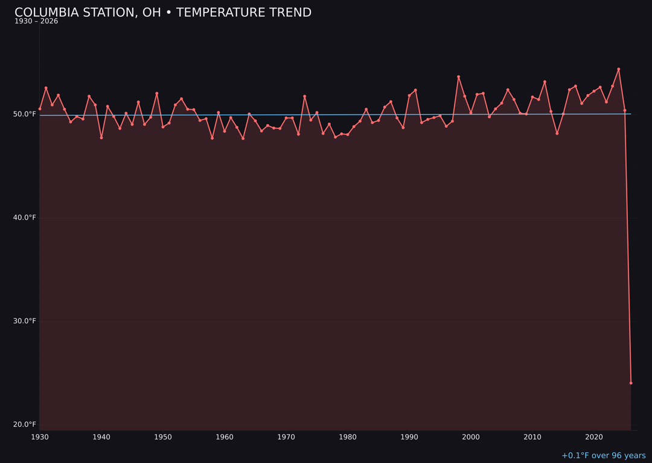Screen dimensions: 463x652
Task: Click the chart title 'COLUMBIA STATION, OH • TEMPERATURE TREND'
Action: pos(163,13)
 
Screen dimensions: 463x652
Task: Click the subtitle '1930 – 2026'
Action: pos(36,22)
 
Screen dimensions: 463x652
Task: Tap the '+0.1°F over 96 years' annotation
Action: pos(603,456)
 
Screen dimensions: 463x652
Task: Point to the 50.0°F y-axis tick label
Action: pos(25,114)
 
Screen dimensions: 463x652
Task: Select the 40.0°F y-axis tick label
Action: pos(25,218)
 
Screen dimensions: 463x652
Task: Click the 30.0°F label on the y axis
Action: pos(25,321)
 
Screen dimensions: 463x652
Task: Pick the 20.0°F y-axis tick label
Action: pos(25,424)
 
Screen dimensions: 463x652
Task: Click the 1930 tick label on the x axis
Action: pos(40,437)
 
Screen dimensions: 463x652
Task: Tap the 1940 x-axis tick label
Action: pos(101,437)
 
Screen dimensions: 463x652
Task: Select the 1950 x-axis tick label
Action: pos(163,437)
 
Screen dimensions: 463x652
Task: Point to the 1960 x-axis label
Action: pos(225,437)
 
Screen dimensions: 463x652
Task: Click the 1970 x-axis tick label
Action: pos(286,437)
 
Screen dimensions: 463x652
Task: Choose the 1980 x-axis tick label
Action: pos(348,437)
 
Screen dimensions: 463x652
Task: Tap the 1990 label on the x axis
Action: pos(409,437)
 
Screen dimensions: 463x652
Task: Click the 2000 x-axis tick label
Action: pos(471,437)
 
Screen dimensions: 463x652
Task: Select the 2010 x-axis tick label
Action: pos(532,437)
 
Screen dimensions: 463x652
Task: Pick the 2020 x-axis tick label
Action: pos(594,437)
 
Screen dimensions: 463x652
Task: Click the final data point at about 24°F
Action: pos(631,383)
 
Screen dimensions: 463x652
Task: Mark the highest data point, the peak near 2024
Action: pos(618,69)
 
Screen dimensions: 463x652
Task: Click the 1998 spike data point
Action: pos(458,77)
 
